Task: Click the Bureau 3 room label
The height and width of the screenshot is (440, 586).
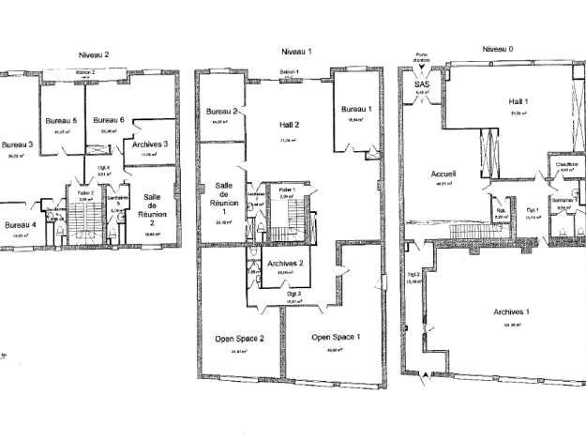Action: coord(17,144)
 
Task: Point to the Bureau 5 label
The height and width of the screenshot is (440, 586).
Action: coord(61,120)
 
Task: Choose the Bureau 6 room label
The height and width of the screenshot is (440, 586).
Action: coord(109,120)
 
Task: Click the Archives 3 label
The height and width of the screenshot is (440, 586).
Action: coord(151,144)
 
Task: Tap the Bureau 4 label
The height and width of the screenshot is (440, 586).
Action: coord(21,225)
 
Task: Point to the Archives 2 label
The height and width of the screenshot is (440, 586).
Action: coord(292,264)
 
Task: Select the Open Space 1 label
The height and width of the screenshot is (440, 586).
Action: coord(335,336)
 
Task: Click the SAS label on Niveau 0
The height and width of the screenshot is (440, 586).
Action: coord(421,84)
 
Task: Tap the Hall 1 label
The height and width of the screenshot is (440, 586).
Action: coord(518,101)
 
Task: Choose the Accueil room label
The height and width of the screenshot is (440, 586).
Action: coord(443,174)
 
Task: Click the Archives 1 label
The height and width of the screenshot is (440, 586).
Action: coord(512,311)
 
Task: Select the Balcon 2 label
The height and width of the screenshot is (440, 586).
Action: coord(85,71)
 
